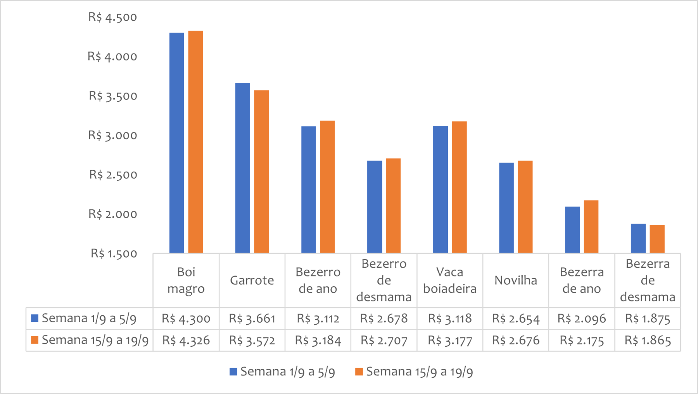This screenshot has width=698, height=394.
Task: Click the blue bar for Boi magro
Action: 177,143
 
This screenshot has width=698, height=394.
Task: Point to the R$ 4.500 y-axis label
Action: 112,17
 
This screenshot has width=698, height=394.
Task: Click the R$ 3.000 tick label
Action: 112,136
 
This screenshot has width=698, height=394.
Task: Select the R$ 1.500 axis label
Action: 114,254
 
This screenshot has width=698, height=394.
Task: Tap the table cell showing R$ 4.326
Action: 186,341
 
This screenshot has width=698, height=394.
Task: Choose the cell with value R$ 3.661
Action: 252,318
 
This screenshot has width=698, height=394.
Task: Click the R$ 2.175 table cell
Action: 582,341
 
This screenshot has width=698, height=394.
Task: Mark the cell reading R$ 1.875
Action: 648,318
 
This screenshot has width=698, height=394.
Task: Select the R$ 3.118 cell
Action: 450,318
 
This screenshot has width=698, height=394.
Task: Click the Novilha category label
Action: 516,280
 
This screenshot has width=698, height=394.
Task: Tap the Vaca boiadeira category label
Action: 450,280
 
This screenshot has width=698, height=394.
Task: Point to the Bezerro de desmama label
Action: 384,280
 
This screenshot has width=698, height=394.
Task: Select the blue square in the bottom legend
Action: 233,372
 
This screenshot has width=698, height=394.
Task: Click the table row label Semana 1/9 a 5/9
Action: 89,318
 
